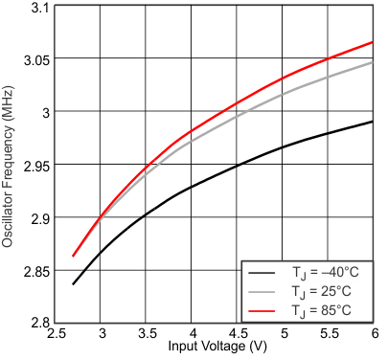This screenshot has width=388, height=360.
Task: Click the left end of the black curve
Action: (73, 284)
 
